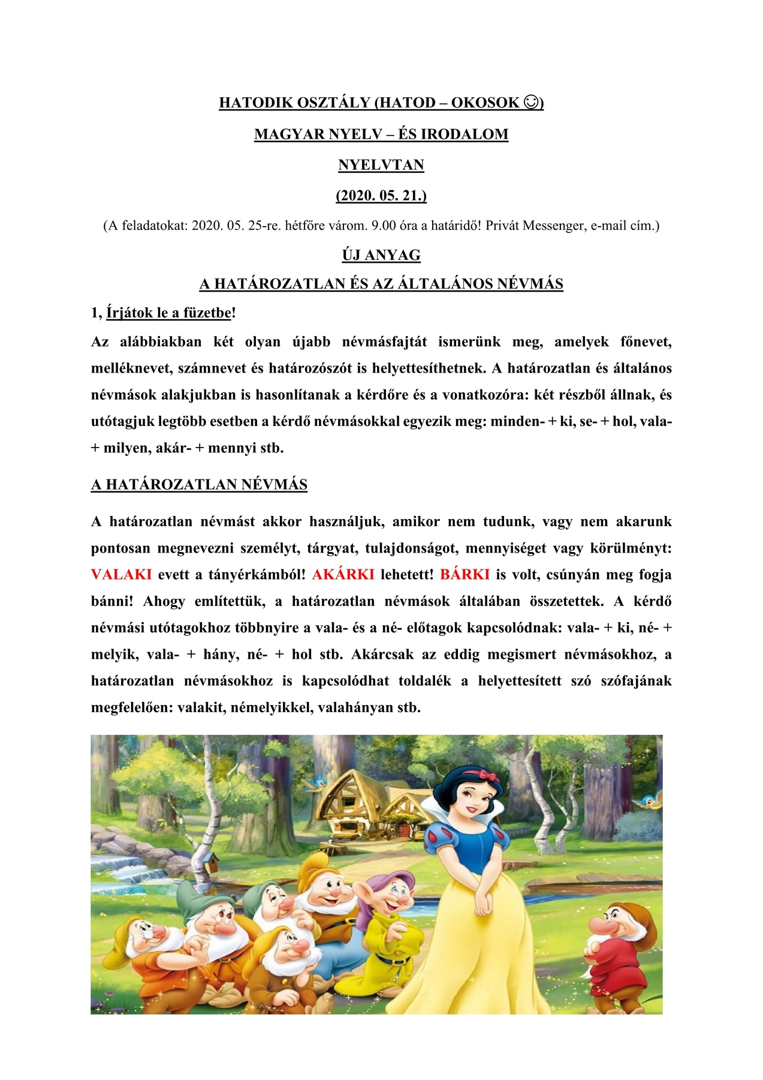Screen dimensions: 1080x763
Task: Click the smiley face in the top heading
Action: click(x=530, y=103)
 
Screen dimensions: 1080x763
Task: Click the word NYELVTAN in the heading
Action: click(x=381, y=165)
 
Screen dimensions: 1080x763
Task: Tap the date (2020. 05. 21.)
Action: click(x=381, y=196)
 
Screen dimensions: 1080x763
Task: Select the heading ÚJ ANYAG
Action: click(x=381, y=255)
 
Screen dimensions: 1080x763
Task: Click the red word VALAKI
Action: click(x=121, y=574)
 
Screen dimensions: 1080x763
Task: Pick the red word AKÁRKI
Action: click(x=343, y=574)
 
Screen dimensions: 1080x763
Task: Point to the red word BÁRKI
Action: click(x=465, y=574)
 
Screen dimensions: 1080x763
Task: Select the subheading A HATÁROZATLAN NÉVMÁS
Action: click(x=199, y=485)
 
